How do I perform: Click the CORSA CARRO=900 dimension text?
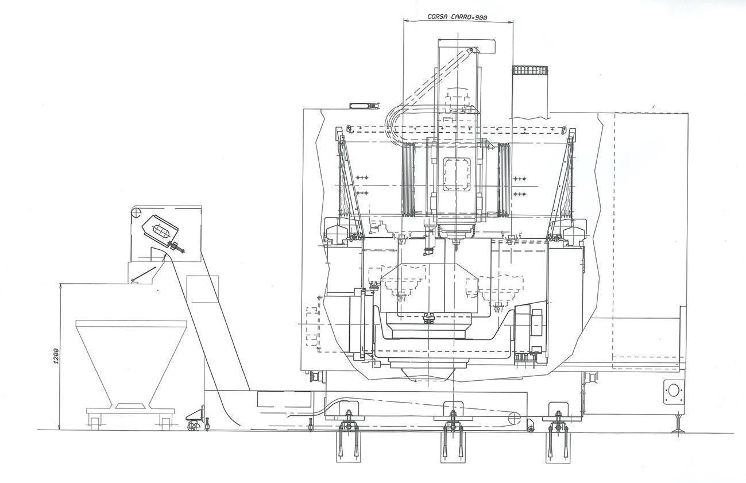(457, 17)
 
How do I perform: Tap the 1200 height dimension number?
(56, 356)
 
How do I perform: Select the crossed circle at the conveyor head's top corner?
(134, 212)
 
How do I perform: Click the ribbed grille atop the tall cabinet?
(530, 70)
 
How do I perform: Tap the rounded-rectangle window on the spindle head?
(457, 174)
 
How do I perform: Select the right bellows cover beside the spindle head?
(504, 179)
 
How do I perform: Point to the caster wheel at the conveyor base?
(192, 426)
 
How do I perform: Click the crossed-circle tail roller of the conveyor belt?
(514, 418)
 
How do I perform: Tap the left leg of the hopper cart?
(95, 422)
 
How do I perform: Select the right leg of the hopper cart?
(165, 422)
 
